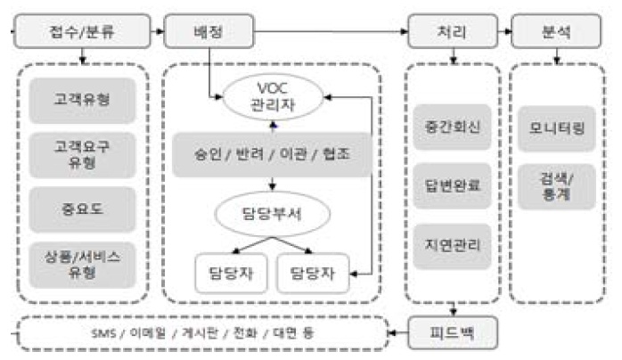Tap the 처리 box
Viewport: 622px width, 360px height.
tap(454, 31)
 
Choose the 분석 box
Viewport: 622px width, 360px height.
tap(557, 31)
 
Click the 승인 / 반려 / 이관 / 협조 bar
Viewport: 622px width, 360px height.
tap(272, 153)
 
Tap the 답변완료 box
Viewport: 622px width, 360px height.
tap(454, 184)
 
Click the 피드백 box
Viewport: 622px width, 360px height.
tap(454, 332)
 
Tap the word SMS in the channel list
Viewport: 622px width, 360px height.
tap(110, 333)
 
